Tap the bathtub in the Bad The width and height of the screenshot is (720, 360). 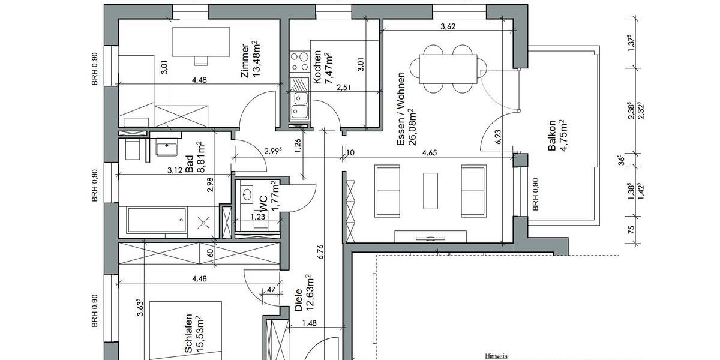[156, 221]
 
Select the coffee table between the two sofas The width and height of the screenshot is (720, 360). [430, 191]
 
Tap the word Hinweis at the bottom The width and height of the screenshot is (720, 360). [496, 356]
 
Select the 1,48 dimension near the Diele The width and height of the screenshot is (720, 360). [310, 323]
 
